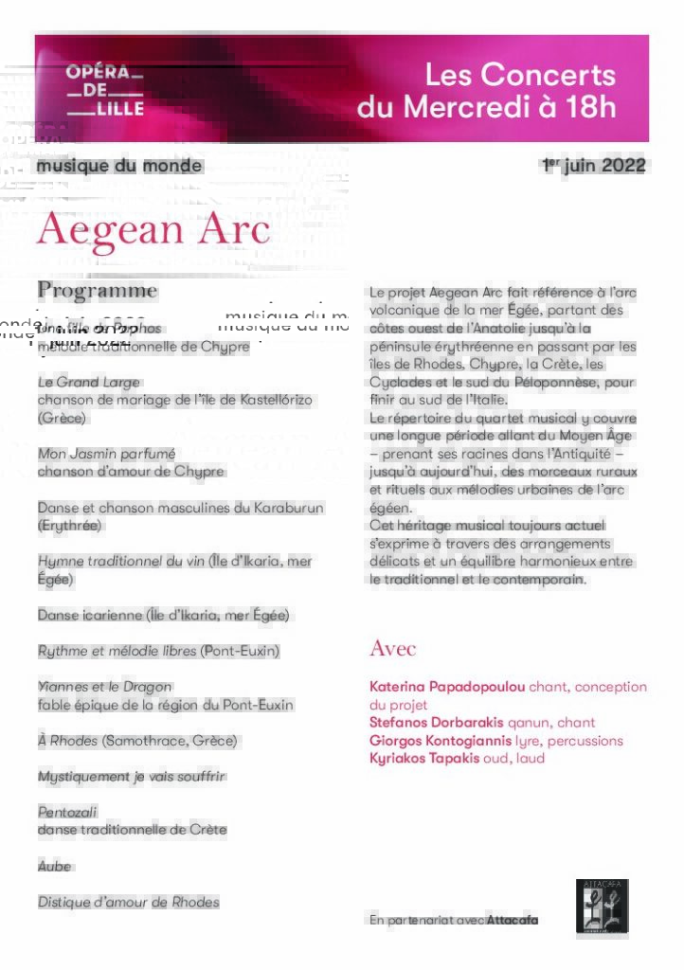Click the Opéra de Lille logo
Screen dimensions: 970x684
[104, 91]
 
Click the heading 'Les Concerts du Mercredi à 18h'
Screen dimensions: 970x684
[486, 91]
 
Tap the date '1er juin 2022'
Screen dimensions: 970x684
[594, 166]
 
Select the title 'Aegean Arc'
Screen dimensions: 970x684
[153, 230]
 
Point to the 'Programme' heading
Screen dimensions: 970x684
[97, 290]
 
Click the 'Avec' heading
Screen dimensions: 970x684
[392, 649]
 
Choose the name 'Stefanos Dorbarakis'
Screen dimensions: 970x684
[436, 723]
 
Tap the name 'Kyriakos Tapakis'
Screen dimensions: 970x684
[424, 759]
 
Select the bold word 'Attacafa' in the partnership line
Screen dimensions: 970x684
[512, 920]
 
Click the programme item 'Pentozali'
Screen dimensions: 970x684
[67, 812]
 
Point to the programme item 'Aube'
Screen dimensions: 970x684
[54, 867]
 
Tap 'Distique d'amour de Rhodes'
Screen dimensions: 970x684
[128, 903]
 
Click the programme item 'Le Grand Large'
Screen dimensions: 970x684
[88, 382]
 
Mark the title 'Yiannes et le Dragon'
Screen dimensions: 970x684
[104, 687]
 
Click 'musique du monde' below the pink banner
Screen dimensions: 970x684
[119, 166]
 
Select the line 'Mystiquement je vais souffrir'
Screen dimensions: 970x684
[132, 777]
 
